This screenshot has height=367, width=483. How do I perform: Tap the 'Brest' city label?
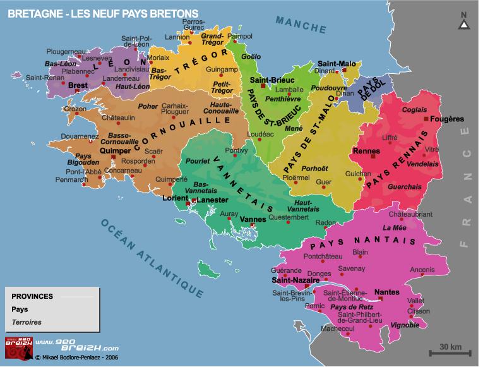78,85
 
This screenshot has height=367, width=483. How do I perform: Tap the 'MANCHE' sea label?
301,23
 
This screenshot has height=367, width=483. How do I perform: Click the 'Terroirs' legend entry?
25,322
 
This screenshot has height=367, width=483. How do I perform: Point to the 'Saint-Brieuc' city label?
270,80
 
